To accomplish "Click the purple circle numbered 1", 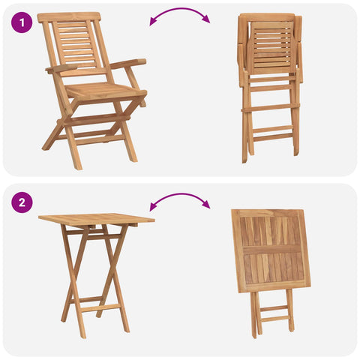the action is [22, 22].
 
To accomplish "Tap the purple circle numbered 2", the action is [22, 202].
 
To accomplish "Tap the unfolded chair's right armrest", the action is [128, 64].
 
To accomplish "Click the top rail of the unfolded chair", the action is [69, 17].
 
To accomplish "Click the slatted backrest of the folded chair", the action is [271, 48].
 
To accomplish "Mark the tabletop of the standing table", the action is [97, 219].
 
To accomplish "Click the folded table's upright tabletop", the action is [271, 250].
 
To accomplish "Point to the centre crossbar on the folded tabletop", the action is [272, 249].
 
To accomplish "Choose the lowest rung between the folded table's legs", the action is [275, 319].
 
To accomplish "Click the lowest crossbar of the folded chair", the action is [273, 137].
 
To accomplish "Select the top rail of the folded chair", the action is [269, 17].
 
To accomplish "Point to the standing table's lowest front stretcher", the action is [100, 308].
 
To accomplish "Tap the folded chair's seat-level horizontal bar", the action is [270, 108].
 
